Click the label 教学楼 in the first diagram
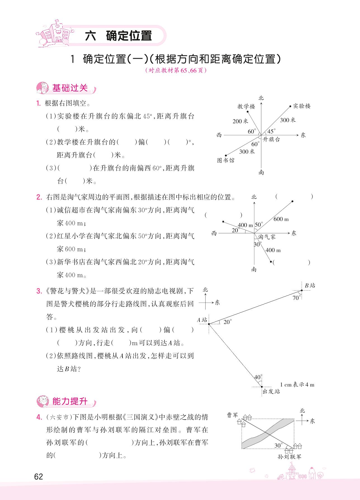pos(246,106)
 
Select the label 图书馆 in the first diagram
pos(226,160)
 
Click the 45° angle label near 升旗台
pos(271,131)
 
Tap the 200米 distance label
pos(240,121)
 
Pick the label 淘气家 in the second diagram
pos(267,237)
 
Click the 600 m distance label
pos(281,219)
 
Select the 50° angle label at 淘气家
pos(259,224)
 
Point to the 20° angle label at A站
pos(228,322)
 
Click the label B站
pos(310,285)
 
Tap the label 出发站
pos(271,392)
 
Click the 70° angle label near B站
pos(296,298)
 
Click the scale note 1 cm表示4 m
pos(297,385)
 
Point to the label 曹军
pos(232,416)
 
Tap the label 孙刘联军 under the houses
pos(290,457)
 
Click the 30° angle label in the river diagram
pos(278,446)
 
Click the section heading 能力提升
pos(70,402)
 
